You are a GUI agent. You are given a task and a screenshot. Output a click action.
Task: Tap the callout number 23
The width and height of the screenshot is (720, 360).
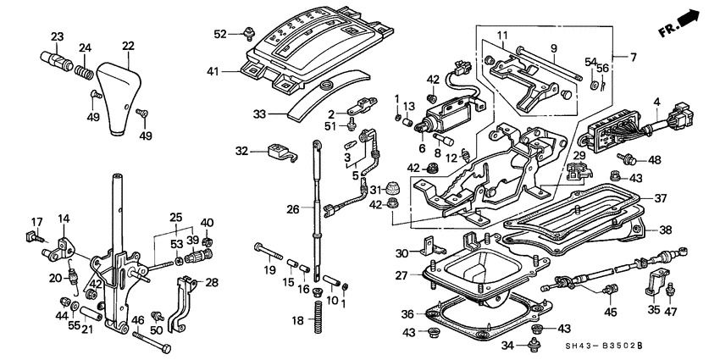pos(57,36)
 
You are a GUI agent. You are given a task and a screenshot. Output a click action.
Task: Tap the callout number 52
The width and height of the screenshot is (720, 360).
pos(220,34)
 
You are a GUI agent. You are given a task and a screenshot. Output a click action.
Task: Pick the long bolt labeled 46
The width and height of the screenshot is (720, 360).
pos(152,341)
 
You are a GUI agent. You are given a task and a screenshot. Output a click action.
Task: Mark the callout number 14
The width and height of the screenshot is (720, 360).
pos(63,219)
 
